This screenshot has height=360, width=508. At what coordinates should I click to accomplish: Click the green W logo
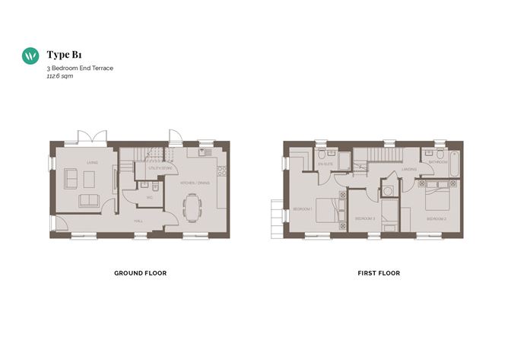coord(31,56)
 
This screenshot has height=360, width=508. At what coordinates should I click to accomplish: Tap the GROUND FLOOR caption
coord(140,272)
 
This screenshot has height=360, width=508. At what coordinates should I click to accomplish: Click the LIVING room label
coord(92,161)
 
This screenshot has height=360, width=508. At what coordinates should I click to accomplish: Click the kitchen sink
coord(204,153)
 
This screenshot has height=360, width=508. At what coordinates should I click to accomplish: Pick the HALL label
coord(138,221)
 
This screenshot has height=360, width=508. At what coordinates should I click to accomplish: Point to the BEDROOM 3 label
coord(365,218)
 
